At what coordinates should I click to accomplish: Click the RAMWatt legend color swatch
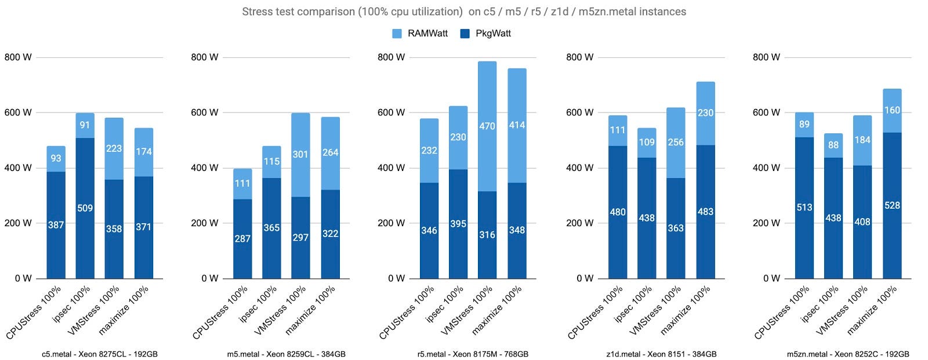[x=397, y=34]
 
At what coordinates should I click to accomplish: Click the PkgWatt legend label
[x=493, y=34]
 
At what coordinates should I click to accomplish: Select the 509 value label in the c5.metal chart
[x=85, y=208]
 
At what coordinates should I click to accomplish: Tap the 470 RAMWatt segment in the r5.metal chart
[x=487, y=126]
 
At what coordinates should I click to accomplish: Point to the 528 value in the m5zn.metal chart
[x=892, y=205]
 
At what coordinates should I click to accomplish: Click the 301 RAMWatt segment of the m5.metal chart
[x=300, y=155]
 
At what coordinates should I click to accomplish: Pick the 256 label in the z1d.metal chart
[x=676, y=142]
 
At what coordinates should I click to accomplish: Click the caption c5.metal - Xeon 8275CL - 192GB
[x=100, y=354]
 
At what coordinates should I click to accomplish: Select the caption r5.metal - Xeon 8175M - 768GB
[x=473, y=354]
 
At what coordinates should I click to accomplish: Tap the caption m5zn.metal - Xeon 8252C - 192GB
[x=848, y=354]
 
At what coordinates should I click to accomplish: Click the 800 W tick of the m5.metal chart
[x=204, y=57]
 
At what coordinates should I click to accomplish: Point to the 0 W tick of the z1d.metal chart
[x=585, y=279]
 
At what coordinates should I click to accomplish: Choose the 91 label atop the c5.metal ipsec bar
[x=85, y=125]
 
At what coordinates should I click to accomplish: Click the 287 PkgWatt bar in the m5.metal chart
[x=242, y=238]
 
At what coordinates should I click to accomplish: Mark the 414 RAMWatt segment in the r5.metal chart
[x=517, y=125]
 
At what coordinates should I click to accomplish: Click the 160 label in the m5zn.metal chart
[x=892, y=110]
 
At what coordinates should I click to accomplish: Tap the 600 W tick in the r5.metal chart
[x=391, y=112]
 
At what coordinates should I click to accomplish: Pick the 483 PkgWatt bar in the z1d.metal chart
[x=705, y=212]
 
